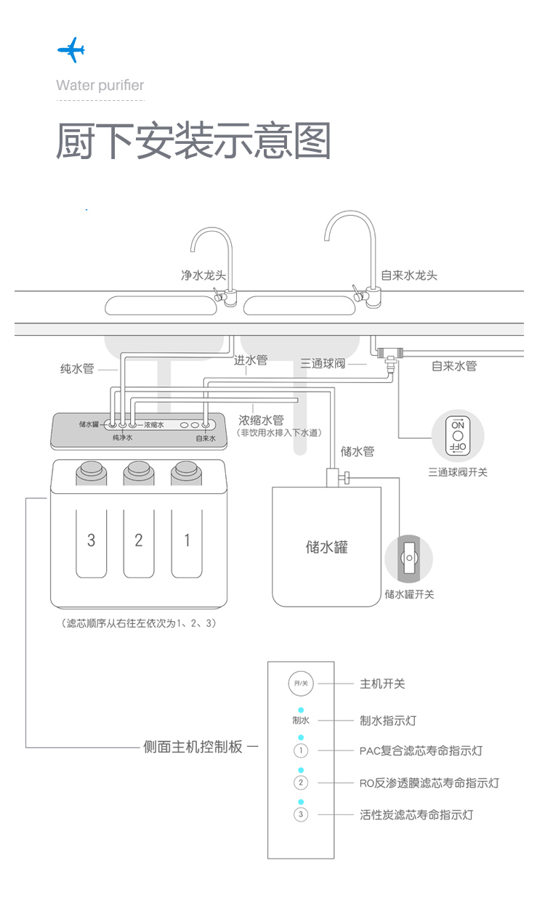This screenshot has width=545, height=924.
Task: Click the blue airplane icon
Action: pyautogui.click(x=71, y=51)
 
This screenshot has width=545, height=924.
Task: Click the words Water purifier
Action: pyautogui.click(x=100, y=86)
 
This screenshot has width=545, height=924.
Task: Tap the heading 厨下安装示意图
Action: pyautogui.click(x=193, y=141)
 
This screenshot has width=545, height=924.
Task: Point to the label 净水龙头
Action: pyautogui.click(x=203, y=275)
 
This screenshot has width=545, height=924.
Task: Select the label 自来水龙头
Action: pyautogui.click(x=409, y=275)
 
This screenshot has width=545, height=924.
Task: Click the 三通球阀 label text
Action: pyautogui.click(x=323, y=363)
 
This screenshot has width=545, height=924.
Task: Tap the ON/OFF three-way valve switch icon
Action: pyautogui.click(x=458, y=436)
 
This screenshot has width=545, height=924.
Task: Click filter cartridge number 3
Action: pyautogui.click(x=91, y=540)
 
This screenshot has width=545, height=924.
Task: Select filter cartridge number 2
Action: pyautogui.click(x=139, y=540)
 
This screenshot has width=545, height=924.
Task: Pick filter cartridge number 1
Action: pyautogui.click(x=187, y=540)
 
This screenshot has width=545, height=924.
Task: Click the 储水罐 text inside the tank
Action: pyautogui.click(x=326, y=546)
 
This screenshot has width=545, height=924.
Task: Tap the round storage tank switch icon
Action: pyautogui.click(x=408, y=559)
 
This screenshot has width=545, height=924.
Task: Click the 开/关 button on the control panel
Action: pyautogui.click(x=301, y=684)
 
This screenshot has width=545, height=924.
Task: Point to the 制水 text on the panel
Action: pyautogui.click(x=301, y=721)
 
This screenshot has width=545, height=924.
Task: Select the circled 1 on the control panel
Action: pyautogui.click(x=302, y=750)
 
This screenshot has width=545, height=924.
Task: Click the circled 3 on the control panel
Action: pyautogui.click(x=302, y=814)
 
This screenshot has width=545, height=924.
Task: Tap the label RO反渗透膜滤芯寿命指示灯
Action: pyautogui.click(x=429, y=783)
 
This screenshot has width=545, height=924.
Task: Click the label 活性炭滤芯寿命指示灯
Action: pyautogui.click(x=416, y=815)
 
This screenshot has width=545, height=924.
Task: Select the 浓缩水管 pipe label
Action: pyautogui.click(x=261, y=420)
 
